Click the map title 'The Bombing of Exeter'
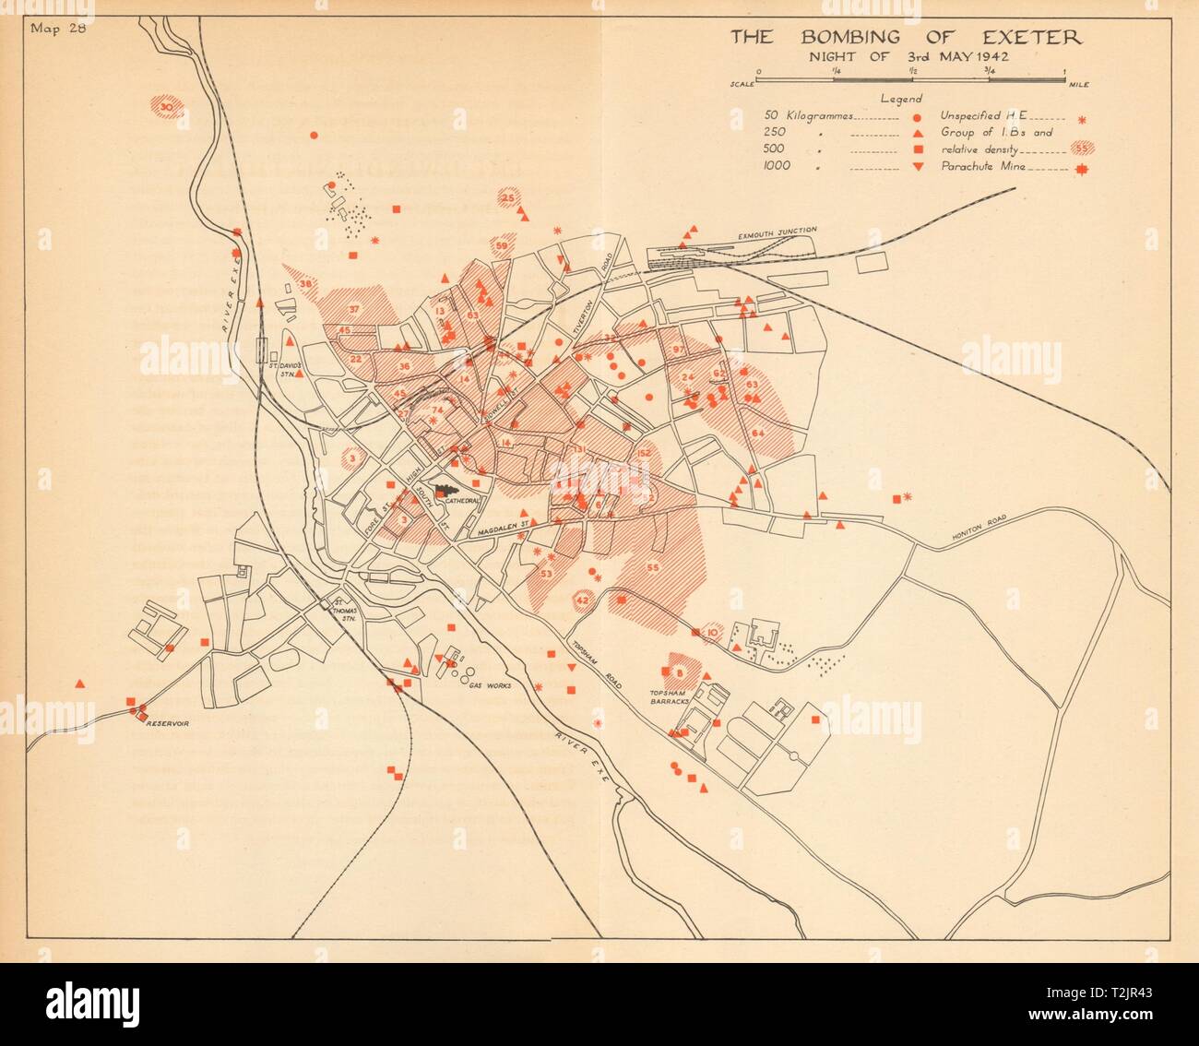point(907,38)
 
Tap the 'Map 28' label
point(56,26)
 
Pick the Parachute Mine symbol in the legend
point(1081,168)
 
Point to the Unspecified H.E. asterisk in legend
point(1081,118)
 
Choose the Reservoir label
point(169,725)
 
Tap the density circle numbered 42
point(582,600)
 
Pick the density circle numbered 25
point(507,198)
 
